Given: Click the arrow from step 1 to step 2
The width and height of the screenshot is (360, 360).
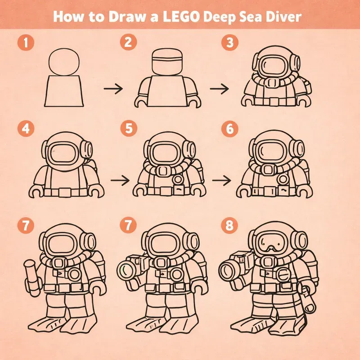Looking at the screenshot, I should pos(112,89).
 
